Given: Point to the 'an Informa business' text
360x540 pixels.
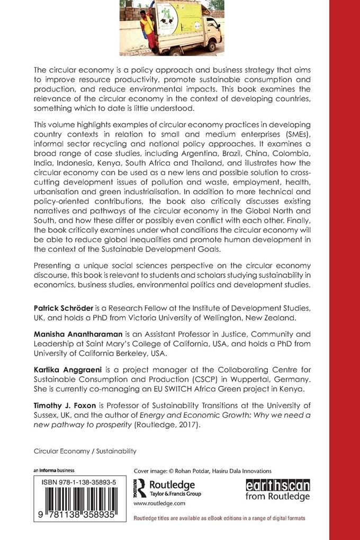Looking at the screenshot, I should (54, 470).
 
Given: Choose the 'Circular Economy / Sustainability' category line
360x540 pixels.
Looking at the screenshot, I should (85, 451).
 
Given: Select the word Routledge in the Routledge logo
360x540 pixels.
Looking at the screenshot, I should (173, 485).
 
